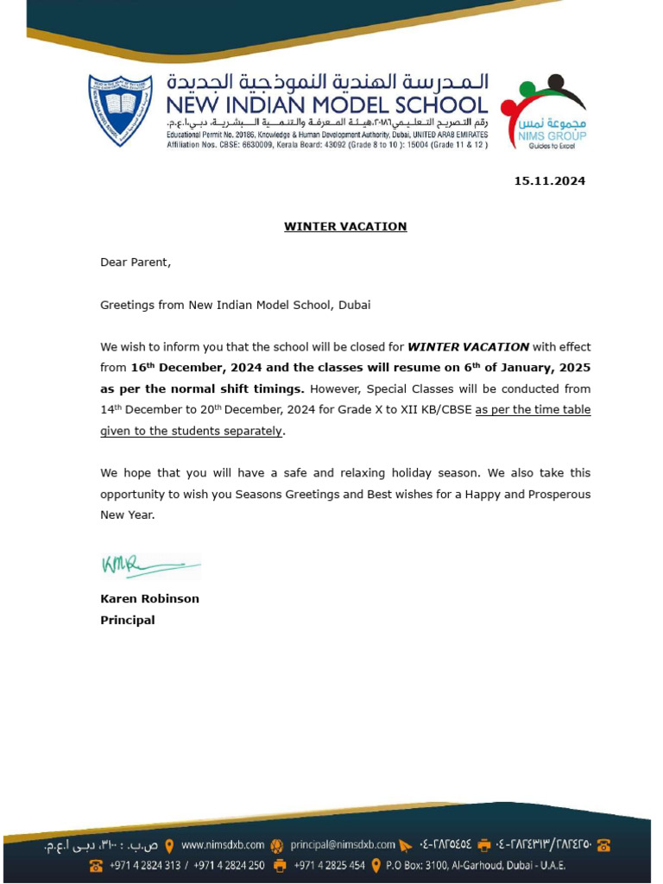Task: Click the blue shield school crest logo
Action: tap(120, 110)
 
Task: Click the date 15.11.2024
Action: tap(549, 181)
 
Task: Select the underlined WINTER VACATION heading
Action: tap(345, 227)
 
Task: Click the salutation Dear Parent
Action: tap(136, 262)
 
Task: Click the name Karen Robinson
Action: tap(149, 598)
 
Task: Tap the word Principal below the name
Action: tap(128, 620)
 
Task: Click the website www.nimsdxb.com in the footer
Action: tap(223, 845)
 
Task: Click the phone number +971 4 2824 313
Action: tap(145, 865)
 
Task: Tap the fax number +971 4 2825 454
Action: tap(329, 865)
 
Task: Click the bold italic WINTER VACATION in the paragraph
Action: tap(468, 347)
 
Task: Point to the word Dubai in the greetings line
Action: tap(355, 305)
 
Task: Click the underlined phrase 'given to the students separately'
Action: tap(191, 431)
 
